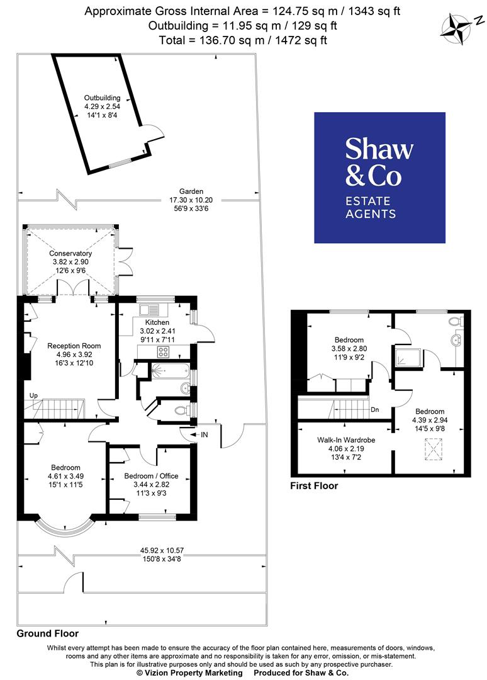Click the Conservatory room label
coord(70,254)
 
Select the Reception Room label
coord(74,346)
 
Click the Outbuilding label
coord(103,98)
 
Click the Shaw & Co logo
coord(379,178)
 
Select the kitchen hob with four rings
coord(165,352)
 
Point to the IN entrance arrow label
coord(203,434)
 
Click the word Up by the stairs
coord(34,395)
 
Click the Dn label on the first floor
coord(375,409)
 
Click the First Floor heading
coord(314,486)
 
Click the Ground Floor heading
coord(48,633)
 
